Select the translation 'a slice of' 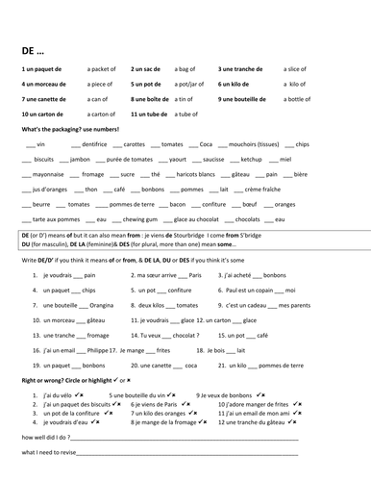pos(301,69)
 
